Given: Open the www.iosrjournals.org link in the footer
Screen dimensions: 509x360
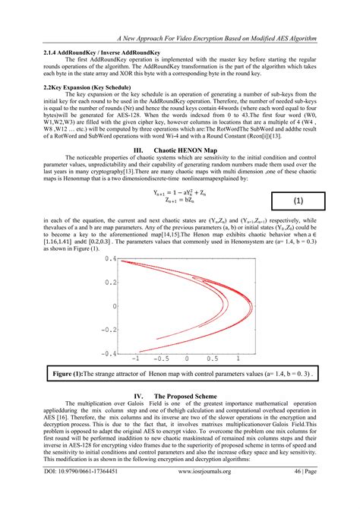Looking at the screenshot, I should point(210,493).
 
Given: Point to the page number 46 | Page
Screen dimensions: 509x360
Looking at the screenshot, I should point(308,493).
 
